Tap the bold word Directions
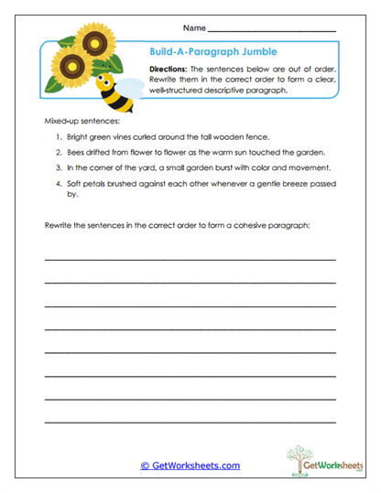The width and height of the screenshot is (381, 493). [169, 70]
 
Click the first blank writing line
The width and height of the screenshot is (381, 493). [190, 259]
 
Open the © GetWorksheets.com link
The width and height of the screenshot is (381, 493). [190, 466]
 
